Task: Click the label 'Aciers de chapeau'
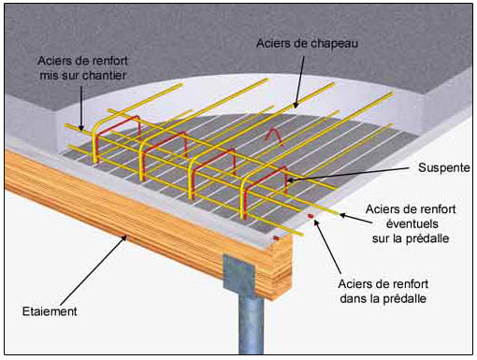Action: (307, 43)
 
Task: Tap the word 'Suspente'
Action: (444, 167)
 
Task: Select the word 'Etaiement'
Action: (50, 311)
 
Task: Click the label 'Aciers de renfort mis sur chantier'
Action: (82, 68)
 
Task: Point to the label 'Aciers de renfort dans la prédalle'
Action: (383, 291)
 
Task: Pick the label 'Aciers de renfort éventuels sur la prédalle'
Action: (411, 223)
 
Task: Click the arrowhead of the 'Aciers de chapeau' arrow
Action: (295, 105)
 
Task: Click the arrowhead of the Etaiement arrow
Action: (124, 238)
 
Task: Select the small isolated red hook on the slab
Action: (274, 137)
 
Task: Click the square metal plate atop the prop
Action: (239, 273)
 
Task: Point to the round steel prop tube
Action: (251, 324)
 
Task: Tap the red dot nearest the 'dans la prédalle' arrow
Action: (310, 216)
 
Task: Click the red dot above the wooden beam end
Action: (276, 238)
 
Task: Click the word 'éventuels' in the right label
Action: (412, 223)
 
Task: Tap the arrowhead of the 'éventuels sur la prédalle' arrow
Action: (343, 215)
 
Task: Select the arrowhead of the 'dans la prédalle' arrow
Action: (316, 223)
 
